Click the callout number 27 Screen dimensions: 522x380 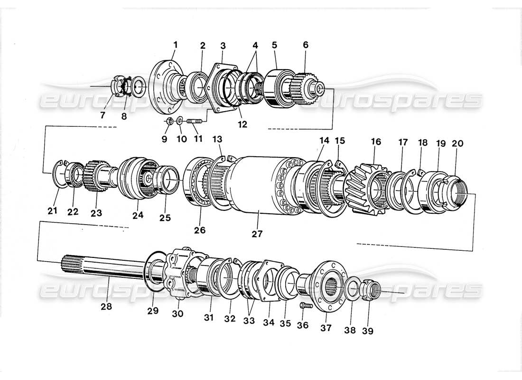coord(257,233)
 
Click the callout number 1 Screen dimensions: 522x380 coord(175,45)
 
